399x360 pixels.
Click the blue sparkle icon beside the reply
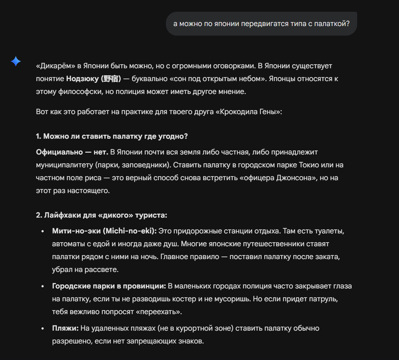(x=16, y=61)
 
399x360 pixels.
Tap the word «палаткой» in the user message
(x=330, y=24)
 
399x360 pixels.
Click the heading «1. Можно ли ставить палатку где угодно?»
(x=112, y=136)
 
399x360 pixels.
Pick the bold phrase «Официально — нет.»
(x=72, y=152)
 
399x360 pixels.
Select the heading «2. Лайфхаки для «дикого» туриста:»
(x=102, y=215)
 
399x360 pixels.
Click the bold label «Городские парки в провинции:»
(x=109, y=286)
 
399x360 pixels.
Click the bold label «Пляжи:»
(x=65, y=328)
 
